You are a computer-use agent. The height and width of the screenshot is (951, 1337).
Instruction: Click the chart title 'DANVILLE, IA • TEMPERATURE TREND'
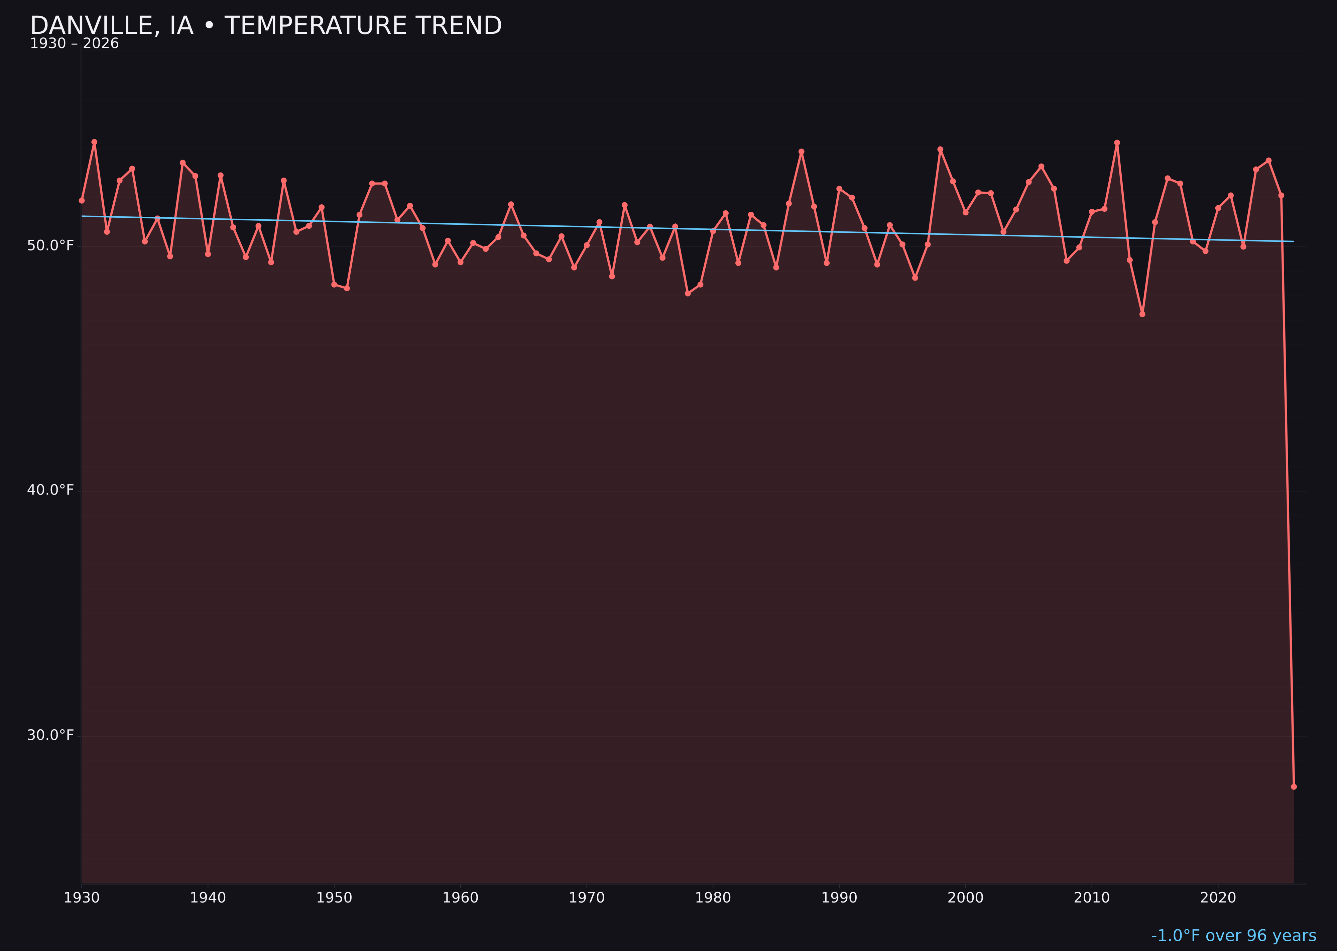pos(266,26)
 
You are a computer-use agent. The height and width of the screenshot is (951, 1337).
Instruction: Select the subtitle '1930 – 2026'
pos(74,44)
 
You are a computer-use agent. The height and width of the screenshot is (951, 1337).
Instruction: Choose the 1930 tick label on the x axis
pos(81,898)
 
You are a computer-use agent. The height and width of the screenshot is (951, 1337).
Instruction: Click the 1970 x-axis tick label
pos(587,898)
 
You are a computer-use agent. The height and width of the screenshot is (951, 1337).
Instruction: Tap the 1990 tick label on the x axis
pos(839,898)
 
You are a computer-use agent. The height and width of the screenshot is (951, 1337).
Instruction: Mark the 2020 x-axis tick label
pos(1218,898)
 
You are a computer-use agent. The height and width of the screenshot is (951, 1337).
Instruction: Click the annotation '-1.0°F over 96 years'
pos(1233,936)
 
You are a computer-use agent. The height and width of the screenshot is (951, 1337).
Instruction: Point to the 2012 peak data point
pos(1117,142)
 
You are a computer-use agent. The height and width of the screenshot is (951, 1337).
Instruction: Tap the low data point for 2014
pos(1142,314)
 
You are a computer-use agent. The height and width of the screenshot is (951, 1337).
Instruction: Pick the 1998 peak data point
pos(940,149)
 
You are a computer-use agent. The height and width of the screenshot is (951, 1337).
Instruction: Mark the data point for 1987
pos(802,152)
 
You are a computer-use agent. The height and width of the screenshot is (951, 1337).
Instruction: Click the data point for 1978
pos(688,293)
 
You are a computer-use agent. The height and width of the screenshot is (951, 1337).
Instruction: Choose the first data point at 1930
pos(81,200)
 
